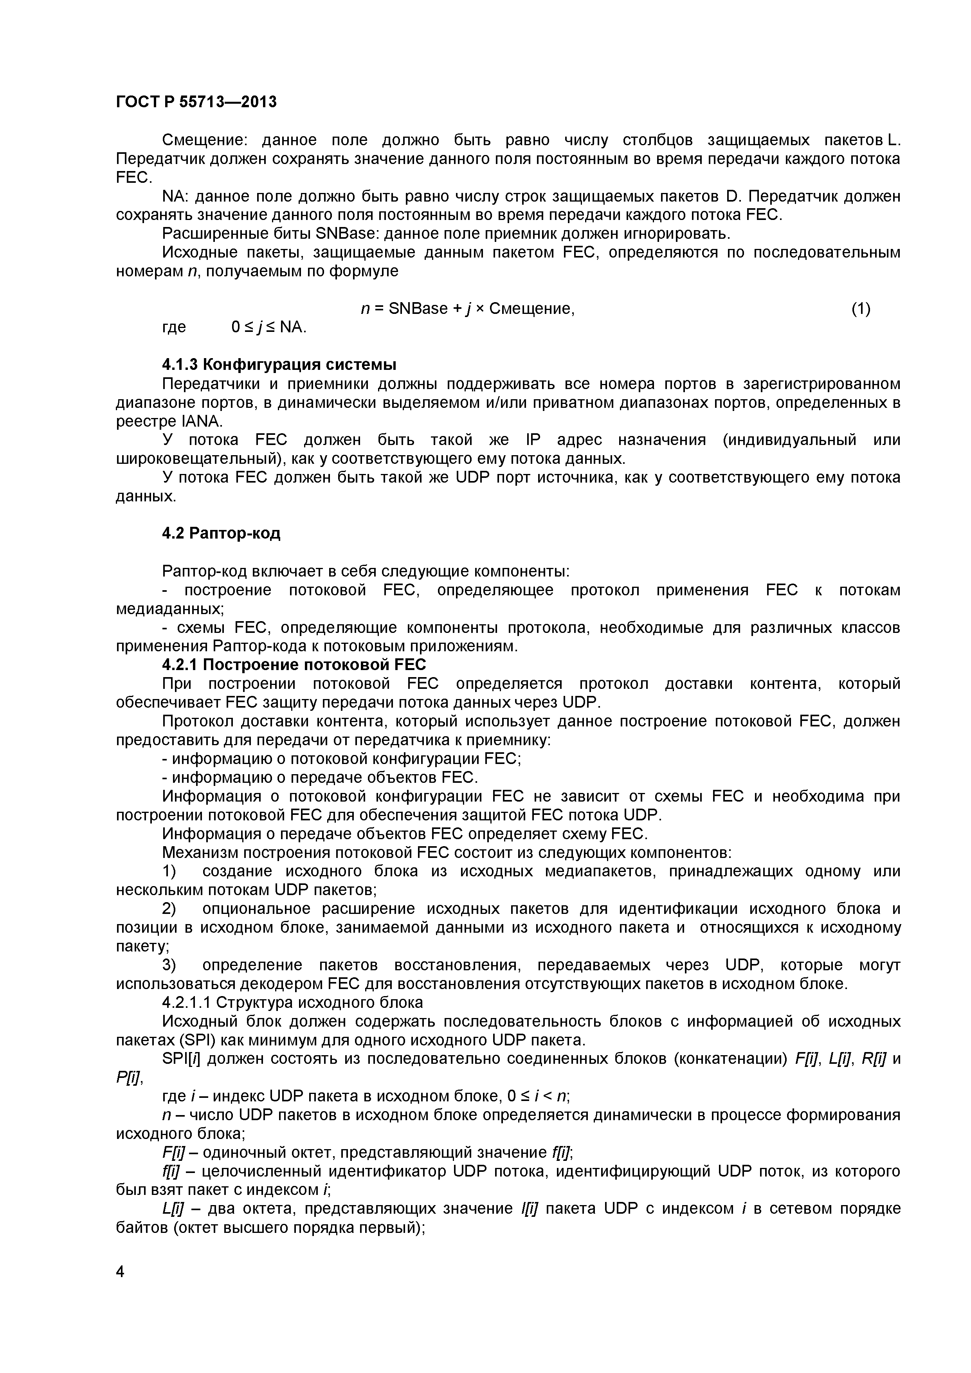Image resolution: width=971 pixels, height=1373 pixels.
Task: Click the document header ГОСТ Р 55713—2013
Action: click(x=196, y=102)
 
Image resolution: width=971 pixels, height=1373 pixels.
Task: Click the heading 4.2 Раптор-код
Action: click(x=221, y=533)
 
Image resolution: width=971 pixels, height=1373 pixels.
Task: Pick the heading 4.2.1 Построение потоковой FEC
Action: click(x=294, y=664)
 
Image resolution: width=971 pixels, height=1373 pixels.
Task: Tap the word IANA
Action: click(x=201, y=421)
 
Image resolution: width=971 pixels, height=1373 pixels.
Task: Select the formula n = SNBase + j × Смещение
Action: click(x=468, y=308)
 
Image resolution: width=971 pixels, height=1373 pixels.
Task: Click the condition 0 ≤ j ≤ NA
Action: click(x=269, y=327)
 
